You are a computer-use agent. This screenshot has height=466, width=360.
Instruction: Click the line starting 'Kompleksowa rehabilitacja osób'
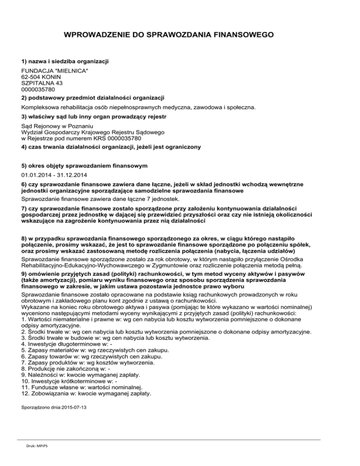pyautogui.click(x=139, y=107)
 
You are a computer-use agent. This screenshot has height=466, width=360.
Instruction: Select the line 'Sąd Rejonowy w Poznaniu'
pyautogui.click(x=58, y=127)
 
